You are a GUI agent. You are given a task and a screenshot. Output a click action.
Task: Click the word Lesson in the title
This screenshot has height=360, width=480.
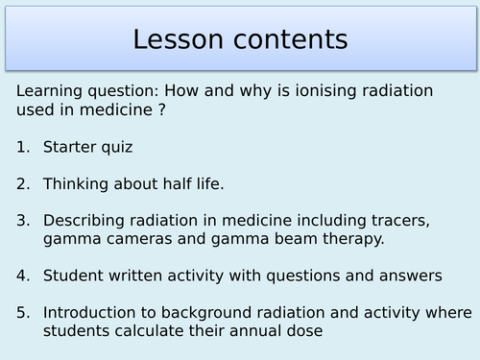(x=180, y=39)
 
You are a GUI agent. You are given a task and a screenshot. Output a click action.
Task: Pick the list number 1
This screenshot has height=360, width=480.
(x=23, y=147)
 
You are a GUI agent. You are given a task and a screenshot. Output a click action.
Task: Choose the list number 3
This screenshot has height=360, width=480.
(x=23, y=220)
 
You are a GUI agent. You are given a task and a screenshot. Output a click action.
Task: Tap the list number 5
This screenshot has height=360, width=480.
(x=23, y=312)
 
